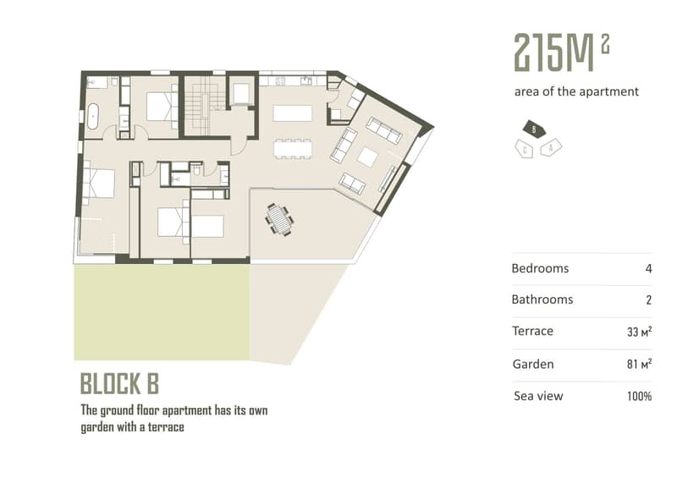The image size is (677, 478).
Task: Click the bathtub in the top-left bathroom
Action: pos(93,117)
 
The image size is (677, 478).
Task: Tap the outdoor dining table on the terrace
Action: pos(280,220)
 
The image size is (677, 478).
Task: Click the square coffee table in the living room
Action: pos(368,157)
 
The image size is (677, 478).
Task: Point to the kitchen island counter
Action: pos(292,113)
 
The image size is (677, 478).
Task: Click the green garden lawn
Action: pos(162,312)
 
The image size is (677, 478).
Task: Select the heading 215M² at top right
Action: pos(562,52)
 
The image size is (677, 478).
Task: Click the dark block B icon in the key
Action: pos(534,129)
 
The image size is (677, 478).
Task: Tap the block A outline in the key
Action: pos(551,148)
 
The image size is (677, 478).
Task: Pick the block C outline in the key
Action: pos(525,150)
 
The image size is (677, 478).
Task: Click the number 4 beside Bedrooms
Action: pos(648,268)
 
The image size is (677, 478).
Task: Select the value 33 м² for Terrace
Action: pos(640,332)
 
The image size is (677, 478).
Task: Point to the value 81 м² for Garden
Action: pos(640,364)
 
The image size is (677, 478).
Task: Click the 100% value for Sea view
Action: pos(640,396)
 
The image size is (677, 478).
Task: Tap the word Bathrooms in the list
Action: pos(542,299)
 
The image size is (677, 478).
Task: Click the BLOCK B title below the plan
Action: pos(119,383)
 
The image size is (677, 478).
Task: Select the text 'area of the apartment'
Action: pos(576,91)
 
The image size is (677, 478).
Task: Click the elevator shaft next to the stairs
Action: pos(241,93)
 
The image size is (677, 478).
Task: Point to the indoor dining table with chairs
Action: pos(292,149)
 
